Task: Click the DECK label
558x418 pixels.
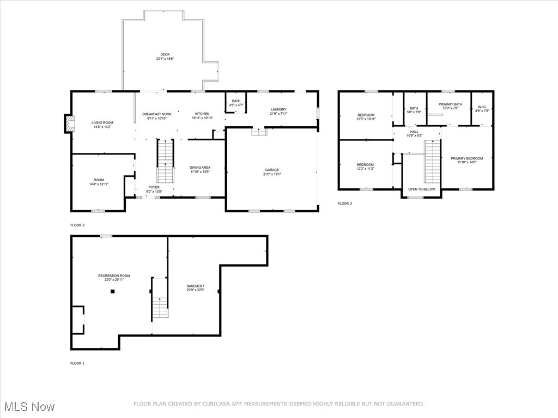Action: [x=165, y=54]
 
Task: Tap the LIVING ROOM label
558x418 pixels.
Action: [x=102, y=123]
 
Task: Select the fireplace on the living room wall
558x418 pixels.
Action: [x=68, y=124]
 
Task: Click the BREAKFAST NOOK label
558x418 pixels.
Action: [x=157, y=114]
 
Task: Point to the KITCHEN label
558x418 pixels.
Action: [x=202, y=114]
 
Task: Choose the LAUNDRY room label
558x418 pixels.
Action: [x=278, y=110]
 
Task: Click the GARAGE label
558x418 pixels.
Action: [x=272, y=170]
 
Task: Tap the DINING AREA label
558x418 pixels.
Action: [x=200, y=168]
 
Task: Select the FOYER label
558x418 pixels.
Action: [x=154, y=187]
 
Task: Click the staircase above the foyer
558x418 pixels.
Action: [x=165, y=161]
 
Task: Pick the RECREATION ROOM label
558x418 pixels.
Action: [x=114, y=276]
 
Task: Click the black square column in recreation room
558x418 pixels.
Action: [x=113, y=292]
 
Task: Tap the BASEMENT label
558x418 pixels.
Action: [x=195, y=286]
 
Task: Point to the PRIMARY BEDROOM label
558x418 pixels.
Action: [x=466, y=158]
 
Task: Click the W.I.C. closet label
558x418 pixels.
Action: [x=482, y=107]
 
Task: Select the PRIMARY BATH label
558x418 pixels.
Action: [x=450, y=104]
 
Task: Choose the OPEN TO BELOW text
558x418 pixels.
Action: [x=421, y=189]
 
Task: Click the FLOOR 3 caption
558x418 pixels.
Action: [x=345, y=204]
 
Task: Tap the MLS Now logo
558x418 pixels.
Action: [x=29, y=407]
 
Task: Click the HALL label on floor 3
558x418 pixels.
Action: [x=414, y=132]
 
